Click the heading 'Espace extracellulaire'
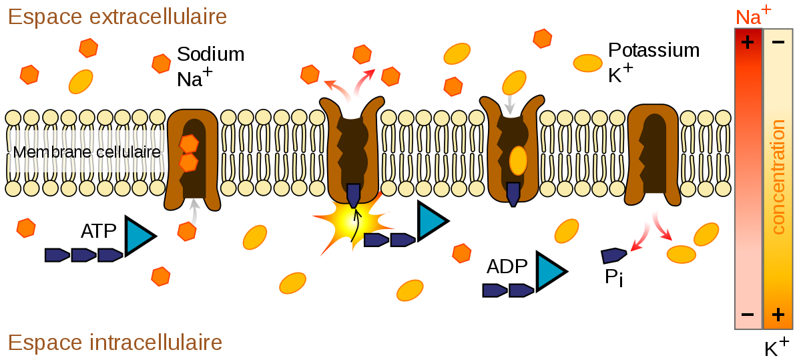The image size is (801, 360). point(117,17)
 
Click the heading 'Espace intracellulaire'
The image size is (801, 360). point(115,343)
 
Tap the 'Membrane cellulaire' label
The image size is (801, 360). point(87,152)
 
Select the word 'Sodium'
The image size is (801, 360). point(211,54)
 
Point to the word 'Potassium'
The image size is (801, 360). point(653,50)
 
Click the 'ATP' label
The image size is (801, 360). point(98,231)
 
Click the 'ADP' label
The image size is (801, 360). point(507,266)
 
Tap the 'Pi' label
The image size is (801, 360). point(614,277)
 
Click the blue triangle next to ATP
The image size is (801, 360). point(140,236)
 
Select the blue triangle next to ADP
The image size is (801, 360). point(551,271)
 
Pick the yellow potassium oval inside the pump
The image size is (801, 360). point(518,161)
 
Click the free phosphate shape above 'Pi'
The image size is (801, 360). point(613,256)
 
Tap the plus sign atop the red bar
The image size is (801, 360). point(748,42)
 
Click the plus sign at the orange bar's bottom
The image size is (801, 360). point(778,315)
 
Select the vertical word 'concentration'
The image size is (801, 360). point(778,177)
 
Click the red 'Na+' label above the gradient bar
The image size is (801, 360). point(753,16)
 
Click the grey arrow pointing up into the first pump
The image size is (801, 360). point(194,211)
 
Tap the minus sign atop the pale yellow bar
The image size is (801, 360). point(778,42)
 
